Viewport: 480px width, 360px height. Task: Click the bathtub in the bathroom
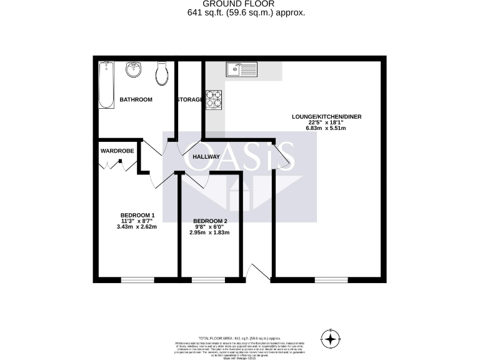click(106, 86)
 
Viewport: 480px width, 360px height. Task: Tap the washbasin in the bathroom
click(134, 70)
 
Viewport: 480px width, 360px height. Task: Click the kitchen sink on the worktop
click(241, 68)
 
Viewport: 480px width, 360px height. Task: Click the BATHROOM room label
click(136, 99)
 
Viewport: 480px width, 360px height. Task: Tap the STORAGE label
click(189, 100)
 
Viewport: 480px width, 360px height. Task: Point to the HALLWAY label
click(206, 157)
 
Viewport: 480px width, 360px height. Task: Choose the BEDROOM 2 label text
click(210, 221)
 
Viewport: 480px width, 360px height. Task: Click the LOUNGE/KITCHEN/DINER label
click(326, 116)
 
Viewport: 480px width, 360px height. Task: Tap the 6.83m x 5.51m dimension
click(326, 128)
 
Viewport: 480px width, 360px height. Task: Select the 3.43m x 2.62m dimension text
click(136, 227)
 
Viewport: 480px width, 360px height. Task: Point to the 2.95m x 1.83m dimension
click(210, 232)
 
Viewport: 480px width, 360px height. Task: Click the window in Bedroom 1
click(137, 279)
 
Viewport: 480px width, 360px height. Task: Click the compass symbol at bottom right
click(330, 339)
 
